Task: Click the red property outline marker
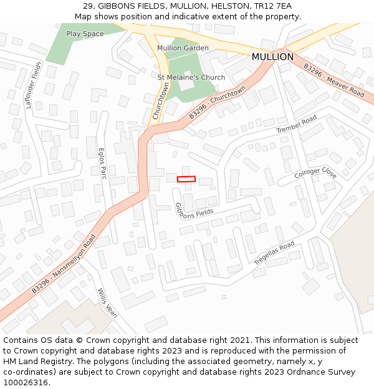[x=186, y=179]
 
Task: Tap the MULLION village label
[x=272, y=57]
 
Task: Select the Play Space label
[x=85, y=34]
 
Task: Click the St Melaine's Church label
[x=191, y=78]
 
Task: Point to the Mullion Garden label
[x=183, y=48]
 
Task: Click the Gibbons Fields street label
[x=194, y=209]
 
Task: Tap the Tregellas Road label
[x=274, y=254]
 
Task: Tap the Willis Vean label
[x=107, y=302]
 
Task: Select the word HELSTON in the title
[x=230, y=6]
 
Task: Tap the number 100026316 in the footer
[x=26, y=382]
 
